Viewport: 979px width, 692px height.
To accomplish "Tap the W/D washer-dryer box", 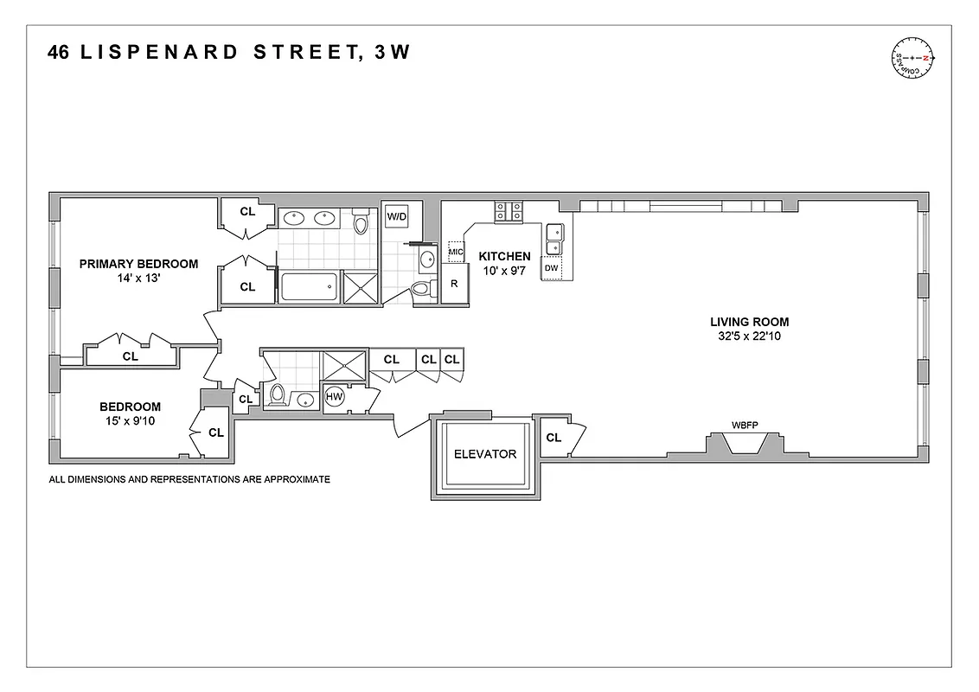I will tap(397, 215).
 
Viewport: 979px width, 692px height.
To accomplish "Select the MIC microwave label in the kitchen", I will tap(456, 253).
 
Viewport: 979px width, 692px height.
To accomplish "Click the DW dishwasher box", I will tap(552, 269).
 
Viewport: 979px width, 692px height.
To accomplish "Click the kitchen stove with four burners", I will tap(508, 213).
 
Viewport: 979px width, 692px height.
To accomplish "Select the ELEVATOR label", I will tap(485, 454).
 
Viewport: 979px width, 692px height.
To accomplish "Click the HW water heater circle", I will tap(335, 397).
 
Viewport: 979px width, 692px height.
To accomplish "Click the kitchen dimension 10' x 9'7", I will tap(504, 271).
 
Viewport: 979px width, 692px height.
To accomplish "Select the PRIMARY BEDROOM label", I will tap(138, 264).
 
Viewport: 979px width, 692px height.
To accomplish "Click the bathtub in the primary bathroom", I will tap(308, 286).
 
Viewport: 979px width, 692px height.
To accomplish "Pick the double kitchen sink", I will tap(554, 240).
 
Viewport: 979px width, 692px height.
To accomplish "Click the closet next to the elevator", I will tap(553, 438).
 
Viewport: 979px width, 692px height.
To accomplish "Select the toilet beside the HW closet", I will tap(278, 394).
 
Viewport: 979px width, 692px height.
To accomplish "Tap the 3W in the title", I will tap(392, 53).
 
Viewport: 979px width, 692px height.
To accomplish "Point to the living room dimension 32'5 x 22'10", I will tap(745, 336).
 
